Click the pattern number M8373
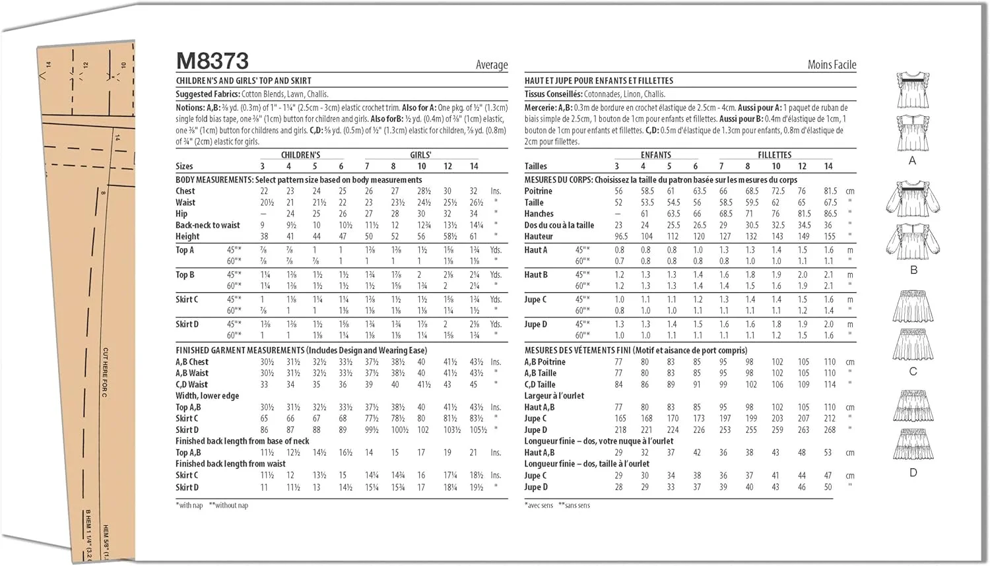(212, 61)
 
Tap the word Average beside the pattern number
(492, 65)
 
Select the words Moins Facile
(832, 65)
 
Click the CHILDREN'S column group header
(300, 155)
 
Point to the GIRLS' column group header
(420, 155)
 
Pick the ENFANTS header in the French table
(655, 155)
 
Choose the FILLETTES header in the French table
(774, 155)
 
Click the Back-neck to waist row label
(207, 225)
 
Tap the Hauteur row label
(539, 236)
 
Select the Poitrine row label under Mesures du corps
(538, 191)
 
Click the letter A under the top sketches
(912, 161)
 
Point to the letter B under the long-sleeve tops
(913, 270)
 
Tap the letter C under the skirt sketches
(913, 371)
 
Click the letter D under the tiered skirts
(913, 472)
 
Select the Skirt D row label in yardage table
(187, 324)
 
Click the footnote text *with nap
(189, 505)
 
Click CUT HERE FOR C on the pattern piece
(105, 372)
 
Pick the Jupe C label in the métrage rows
(535, 299)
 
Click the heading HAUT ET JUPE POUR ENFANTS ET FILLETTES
(599, 80)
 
